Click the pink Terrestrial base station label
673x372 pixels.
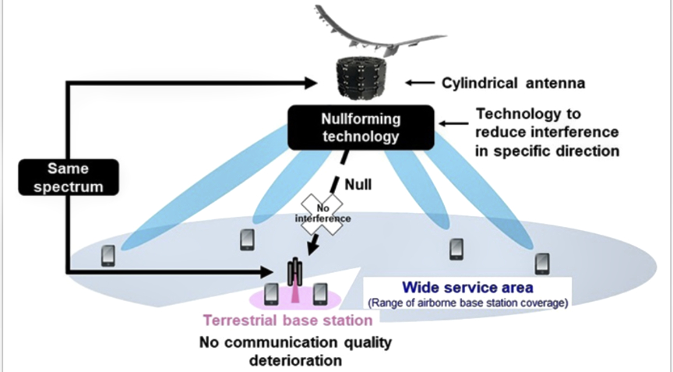click(287, 320)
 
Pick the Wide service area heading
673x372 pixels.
click(467, 288)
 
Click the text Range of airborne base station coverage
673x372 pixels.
click(467, 303)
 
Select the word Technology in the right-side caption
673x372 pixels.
click(511, 115)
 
